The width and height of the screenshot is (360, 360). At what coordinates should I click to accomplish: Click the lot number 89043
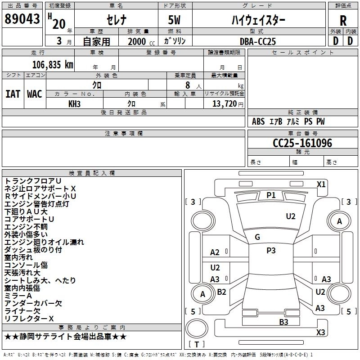[22, 19]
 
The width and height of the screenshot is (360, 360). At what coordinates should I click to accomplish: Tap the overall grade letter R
[343, 21]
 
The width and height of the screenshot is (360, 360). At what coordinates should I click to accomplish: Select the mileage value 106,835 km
[53, 65]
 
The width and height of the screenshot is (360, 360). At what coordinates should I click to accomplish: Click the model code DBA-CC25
[257, 41]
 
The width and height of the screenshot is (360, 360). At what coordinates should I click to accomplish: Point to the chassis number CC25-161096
[302, 143]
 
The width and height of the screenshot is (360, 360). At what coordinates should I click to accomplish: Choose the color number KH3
[74, 104]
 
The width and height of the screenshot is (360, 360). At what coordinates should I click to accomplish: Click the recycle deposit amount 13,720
[224, 104]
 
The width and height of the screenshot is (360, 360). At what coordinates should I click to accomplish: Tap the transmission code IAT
[13, 94]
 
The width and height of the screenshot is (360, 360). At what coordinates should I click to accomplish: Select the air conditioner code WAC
[35, 94]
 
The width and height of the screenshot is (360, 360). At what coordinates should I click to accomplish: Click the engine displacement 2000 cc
[141, 41]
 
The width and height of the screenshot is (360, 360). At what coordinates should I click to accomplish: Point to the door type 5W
[174, 20]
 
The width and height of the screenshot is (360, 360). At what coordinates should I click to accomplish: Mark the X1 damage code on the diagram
[321, 184]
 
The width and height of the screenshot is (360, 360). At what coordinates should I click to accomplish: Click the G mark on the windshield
[257, 237]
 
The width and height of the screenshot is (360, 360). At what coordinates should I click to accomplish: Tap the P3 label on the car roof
[271, 251]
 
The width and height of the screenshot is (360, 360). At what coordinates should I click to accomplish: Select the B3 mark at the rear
[284, 322]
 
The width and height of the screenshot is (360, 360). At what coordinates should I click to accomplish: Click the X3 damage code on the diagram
[321, 332]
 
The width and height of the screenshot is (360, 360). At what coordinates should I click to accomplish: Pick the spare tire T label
[197, 344]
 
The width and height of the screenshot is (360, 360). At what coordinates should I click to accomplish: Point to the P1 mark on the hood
[271, 195]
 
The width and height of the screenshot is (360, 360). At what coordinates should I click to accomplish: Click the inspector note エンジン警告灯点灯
[37, 204]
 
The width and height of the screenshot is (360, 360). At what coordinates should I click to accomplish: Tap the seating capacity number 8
[188, 85]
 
